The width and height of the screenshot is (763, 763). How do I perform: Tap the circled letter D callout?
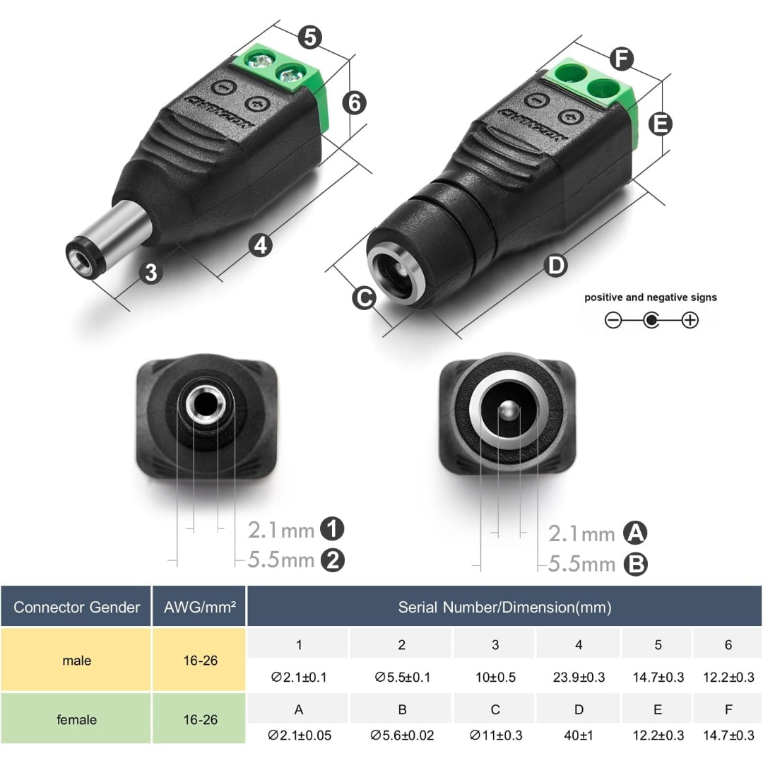[557, 266]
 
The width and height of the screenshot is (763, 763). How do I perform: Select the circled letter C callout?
[365, 298]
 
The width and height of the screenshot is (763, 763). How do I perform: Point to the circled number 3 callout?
[151, 272]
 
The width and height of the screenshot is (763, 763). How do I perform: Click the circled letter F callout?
[622, 59]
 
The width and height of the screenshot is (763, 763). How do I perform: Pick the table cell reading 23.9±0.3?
[579, 677]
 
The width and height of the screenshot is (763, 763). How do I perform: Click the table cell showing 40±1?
[579, 735]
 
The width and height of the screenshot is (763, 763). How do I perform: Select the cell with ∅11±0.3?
[495, 735]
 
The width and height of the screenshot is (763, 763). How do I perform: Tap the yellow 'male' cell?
[76, 661]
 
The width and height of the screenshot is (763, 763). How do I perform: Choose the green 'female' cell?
[76, 719]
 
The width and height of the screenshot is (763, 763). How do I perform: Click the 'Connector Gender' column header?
[76, 607]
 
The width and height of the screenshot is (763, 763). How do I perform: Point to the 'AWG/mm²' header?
[199, 607]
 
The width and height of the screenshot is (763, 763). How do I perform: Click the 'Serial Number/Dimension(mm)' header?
[504, 607]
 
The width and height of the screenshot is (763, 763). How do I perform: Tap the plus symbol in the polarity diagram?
[690, 320]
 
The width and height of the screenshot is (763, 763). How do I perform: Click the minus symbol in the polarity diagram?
[613, 320]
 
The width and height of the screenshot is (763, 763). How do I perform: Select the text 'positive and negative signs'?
[650, 297]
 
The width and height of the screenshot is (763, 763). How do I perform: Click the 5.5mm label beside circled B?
[581, 564]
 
